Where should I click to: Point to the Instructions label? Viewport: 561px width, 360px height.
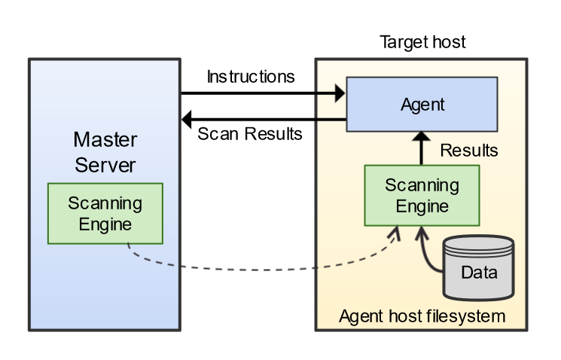coord(251,77)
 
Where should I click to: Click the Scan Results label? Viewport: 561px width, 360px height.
coord(249,135)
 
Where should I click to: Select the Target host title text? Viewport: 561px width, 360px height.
coord(422,42)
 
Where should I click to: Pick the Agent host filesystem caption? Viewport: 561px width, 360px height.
coord(422,316)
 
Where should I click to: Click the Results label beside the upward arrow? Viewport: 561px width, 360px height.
coord(468,151)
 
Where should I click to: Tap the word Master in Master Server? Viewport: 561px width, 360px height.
coord(105,140)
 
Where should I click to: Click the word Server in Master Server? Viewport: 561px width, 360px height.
coord(105,164)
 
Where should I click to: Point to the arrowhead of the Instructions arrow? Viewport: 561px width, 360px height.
coord(340,93)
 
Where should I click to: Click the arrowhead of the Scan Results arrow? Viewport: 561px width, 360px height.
coord(188,118)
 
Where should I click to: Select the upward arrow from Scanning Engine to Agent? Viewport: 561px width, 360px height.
coord(422,149)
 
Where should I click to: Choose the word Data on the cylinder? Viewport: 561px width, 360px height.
coord(479,273)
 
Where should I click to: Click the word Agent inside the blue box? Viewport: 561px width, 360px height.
coord(422,105)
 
